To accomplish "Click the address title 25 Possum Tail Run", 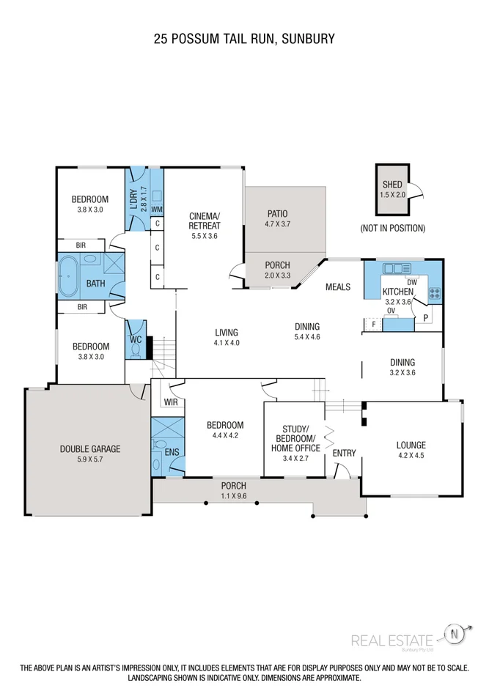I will pyautogui.click(x=244, y=39).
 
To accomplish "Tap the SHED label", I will pyautogui.click(x=392, y=185).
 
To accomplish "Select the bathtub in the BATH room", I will pyautogui.click(x=73, y=276).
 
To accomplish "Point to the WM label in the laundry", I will pyautogui.click(x=156, y=209).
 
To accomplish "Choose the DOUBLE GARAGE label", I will pyautogui.click(x=90, y=449).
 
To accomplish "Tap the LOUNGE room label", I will pyautogui.click(x=411, y=445).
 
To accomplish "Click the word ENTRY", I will pyautogui.click(x=344, y=453).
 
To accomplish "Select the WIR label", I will pyautogui.click(x=171, y=402).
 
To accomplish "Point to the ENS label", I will pyautogui.click(x=172, y=453).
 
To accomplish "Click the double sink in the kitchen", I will pyautogui.click(x=393, y=268).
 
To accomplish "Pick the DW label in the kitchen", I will pyautogui.click(x=412, y=282).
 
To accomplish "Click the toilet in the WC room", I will pyautogui.click(x=134, y=350).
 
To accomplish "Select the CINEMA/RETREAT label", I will pyautogui.click(x=205, y=221).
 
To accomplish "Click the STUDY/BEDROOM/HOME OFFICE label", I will pyautogui.click(x=295, y=438).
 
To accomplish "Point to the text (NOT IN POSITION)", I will pyautogui.click(x=392, y=228).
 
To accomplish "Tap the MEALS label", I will pyautogui.click(x=338, y=287).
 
